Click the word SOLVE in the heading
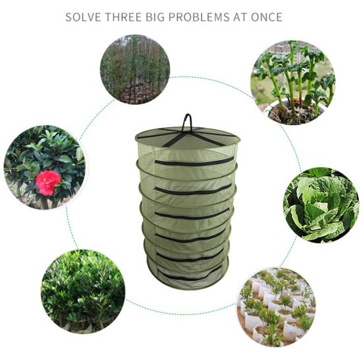point(84,17)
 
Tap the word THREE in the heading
point(123,17)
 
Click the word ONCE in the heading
point(267,17)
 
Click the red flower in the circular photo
point(48,183)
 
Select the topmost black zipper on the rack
point(194,163)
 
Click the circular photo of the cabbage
point(321,206)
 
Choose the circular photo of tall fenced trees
point(135,69)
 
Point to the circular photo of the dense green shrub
point(83,291)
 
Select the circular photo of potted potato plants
point(293,82)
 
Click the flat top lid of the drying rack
point(188,137)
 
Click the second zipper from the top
point(193,190)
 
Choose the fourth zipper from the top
point(190,236)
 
